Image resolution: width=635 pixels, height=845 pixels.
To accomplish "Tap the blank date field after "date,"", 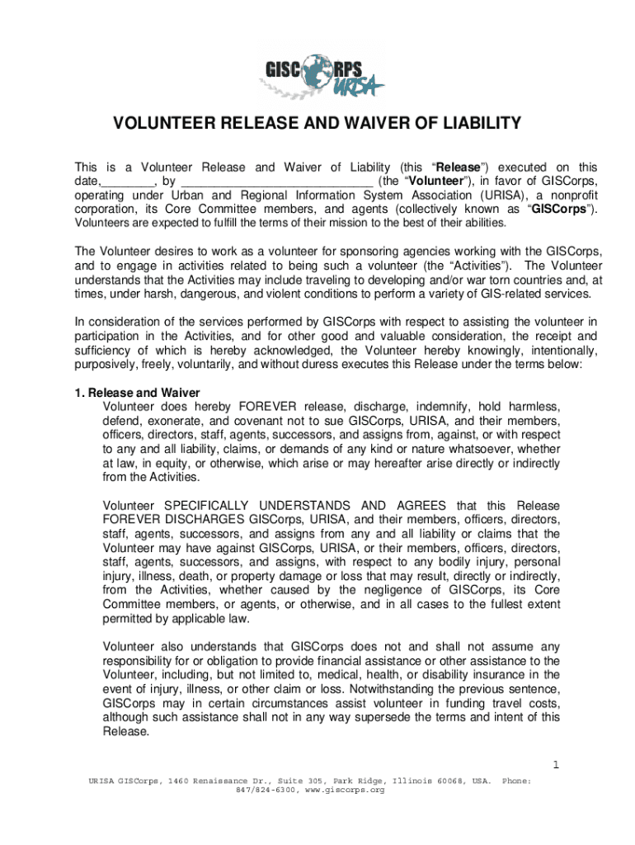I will click(x=129, y=181).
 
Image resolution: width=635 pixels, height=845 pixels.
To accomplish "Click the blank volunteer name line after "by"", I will click(x=275, y=181).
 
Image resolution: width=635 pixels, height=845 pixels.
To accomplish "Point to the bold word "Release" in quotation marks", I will click(x=457, y=167).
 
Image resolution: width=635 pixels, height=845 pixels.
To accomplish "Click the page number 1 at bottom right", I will click(x=556, y=764).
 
